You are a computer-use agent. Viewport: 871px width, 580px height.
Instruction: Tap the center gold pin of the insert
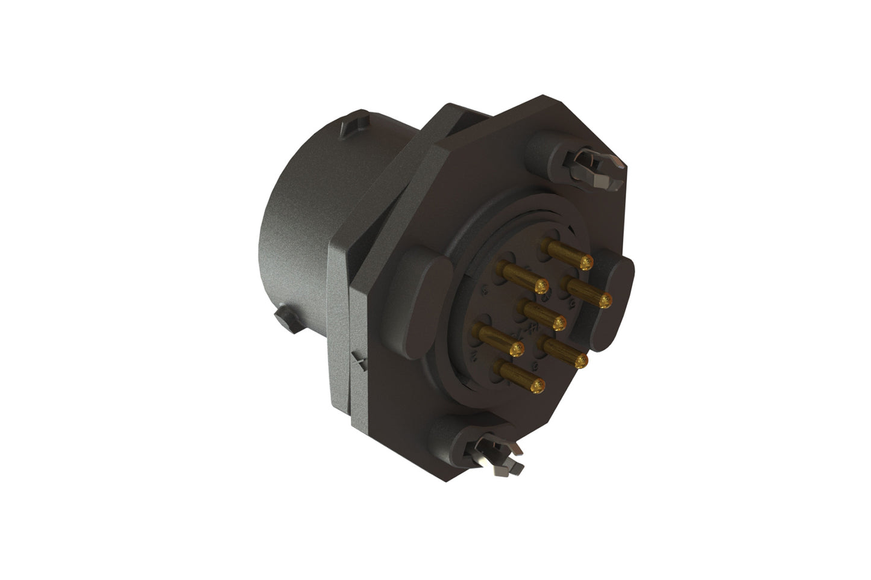546,316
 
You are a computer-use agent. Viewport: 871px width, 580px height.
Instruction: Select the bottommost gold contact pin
521,376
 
